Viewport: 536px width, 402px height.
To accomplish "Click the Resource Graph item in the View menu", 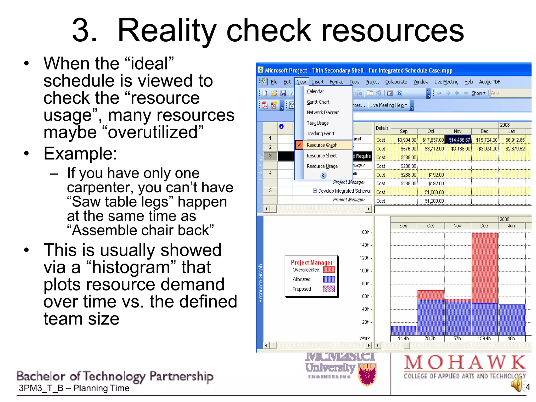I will [322, 145].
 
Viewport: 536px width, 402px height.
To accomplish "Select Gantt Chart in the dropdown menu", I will [318, 102].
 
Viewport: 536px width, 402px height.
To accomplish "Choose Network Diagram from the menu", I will [323, 113].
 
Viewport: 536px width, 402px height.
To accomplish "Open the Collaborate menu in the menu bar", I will [396, 82].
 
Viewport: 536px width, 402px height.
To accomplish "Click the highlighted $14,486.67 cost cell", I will [459, 140].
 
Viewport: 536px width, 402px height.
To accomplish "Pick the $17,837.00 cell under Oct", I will [433, 140].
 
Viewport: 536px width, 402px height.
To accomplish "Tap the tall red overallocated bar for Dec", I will [484, 267].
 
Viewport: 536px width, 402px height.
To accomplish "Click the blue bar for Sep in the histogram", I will [404, 331].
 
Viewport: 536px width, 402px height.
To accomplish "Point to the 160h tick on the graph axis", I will [365, 232].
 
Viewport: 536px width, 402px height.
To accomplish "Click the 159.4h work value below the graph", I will [484, 338].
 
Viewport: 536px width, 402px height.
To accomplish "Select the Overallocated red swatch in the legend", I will [329, 270].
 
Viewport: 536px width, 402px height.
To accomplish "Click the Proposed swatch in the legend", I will [329, 289].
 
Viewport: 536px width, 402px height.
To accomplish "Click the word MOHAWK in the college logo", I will [465, 362].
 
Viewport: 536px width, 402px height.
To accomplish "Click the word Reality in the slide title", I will [167, 31].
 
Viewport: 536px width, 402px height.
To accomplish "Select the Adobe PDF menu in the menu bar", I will [489, 82].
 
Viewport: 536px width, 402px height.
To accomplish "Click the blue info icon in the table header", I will [281, 127].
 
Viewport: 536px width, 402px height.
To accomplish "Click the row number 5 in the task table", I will [270, 191].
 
